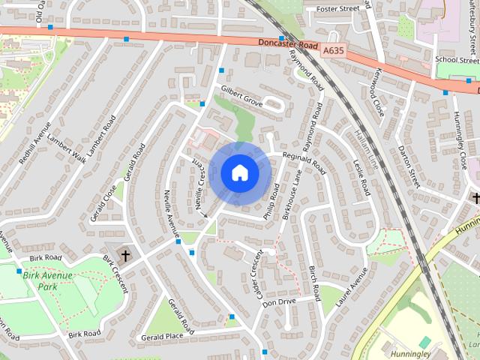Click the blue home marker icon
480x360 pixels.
pyautogui.click(x=239, y=173)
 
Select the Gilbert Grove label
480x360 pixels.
pyautogui.click(x=241, y=98)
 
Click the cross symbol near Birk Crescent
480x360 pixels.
pyautogui.click(x=125, y=256)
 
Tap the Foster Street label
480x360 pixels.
pyautogui.click(x=337, y=9)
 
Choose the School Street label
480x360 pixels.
pyautogui.click(x=456, y=60)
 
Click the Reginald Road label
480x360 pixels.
pyautogui.click(x=304, y=158)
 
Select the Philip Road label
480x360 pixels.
pyautogui.click(x=271, y=201)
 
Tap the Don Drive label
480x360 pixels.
pyautogui.click(x=279, y=301)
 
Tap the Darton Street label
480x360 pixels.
pyautogui.click(x=408, y=166)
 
